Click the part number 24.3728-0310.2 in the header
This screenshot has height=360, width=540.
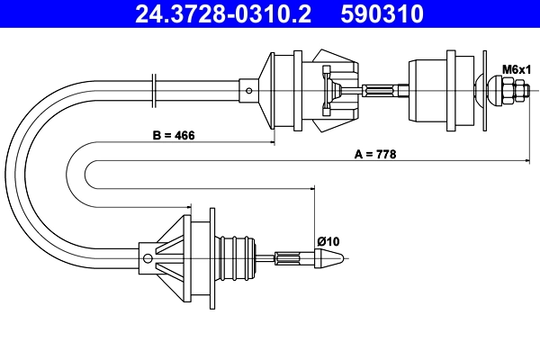click(223, 14)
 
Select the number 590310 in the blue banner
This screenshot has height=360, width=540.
click(382, 14)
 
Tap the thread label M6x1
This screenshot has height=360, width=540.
click(517, 69)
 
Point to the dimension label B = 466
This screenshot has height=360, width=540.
click(174, 135)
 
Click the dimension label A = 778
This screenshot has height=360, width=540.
click(375, 154)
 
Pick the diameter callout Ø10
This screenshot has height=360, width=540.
click(328, 241)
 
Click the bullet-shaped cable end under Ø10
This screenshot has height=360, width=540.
click(328, 258)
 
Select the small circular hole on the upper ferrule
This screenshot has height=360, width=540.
click(249, 91)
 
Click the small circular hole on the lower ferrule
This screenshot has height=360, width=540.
click(148, 258)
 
